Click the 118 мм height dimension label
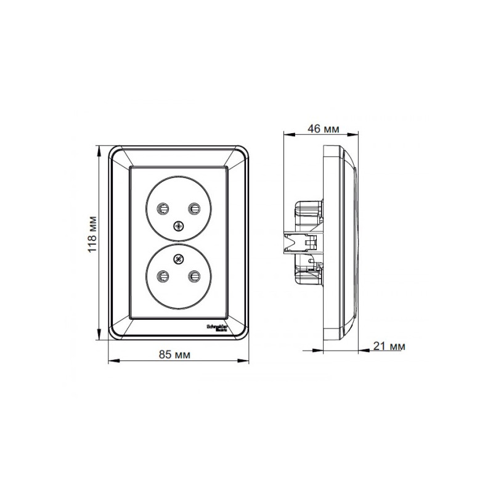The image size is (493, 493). [x=91, y=234]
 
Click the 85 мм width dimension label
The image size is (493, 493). [x=174, y=354]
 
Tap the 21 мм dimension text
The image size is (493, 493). [x=389, y=346]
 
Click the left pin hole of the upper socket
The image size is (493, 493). [x=165, y=208]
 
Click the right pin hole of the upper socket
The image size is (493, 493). [x=194, y=208]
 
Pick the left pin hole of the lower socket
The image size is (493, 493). [x=165, y=275]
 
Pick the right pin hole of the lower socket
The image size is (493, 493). [x=194, y=275]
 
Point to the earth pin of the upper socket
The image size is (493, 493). [x=179, y=226]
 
